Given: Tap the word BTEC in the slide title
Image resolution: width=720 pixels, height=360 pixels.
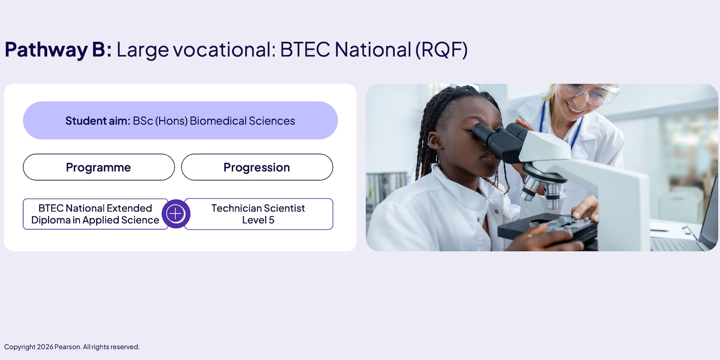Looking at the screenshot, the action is point(305,49).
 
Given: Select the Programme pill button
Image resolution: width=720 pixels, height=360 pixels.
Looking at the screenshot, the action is point(98,167).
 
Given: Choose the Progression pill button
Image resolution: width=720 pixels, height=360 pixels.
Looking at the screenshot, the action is point(257,167).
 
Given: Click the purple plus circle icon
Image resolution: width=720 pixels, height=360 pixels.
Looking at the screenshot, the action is point(176,214).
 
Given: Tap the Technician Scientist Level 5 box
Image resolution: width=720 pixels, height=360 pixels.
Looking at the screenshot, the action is point(259,214).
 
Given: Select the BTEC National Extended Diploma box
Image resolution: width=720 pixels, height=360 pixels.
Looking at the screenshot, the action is point(95,214).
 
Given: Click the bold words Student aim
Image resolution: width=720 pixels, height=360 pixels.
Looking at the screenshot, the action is point(98,121).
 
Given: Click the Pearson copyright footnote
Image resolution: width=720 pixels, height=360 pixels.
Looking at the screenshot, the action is point(72,347).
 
